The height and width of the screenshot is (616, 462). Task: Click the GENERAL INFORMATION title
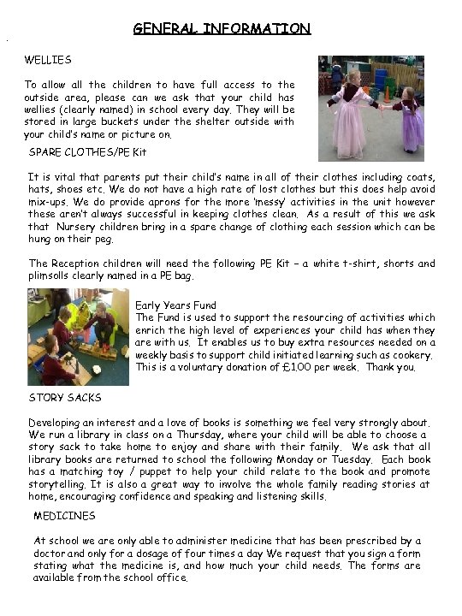coord(222,29)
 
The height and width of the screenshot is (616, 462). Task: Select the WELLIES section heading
coord(48,60)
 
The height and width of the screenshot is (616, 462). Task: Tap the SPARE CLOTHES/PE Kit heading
coord(88,152)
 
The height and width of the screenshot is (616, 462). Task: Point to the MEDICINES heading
coord(65,516)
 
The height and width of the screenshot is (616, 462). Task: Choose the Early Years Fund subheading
coord(176,305)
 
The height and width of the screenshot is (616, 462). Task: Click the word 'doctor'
coord(51,553)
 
